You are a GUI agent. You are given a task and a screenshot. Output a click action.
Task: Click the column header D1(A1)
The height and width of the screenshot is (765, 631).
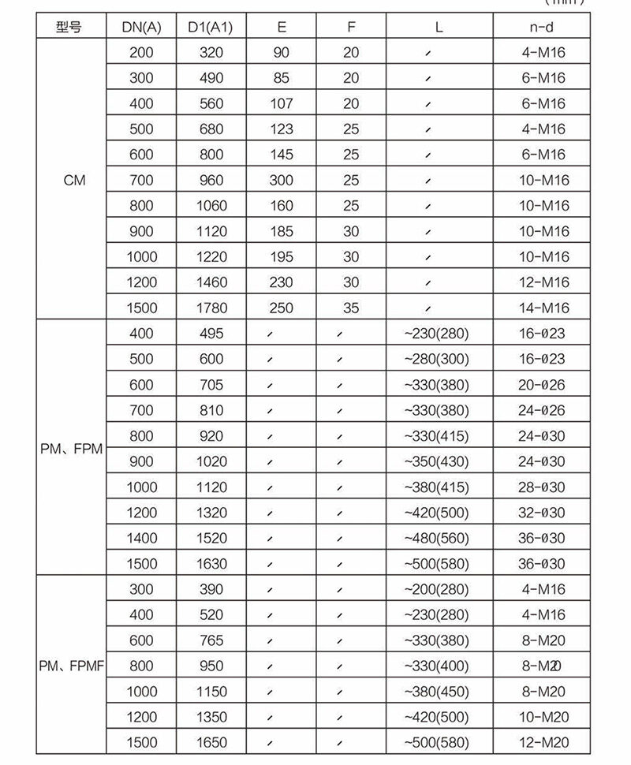point(211,28)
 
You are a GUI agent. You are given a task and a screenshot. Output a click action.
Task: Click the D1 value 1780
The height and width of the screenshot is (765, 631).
point(211,308)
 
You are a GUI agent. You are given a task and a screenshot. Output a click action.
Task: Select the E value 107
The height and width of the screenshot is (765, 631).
point(281,103)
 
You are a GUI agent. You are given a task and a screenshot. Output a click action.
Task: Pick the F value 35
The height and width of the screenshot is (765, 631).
point(351,308)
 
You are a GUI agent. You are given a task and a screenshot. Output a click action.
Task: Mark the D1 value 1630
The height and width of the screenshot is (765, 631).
point(211,564)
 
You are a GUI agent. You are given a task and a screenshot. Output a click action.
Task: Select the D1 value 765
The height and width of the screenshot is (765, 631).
point(211,640)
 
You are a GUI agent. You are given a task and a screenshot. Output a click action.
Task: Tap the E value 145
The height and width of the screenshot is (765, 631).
point(281,155)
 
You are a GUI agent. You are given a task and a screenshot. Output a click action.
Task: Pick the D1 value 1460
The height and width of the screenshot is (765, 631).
point(211,282)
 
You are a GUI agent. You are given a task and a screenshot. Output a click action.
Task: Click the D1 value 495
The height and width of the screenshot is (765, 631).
point(211,334)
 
